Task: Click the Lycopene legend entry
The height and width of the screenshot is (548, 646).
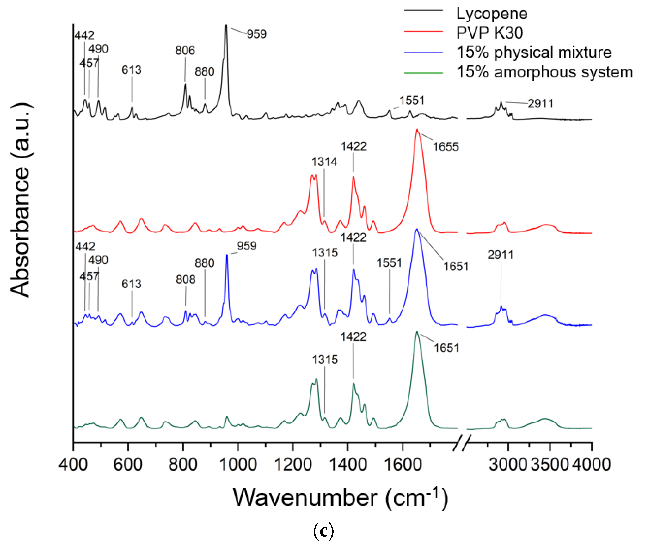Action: [492, 14]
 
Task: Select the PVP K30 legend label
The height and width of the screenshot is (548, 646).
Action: [490, 33]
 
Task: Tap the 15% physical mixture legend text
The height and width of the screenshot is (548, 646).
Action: [534, 52]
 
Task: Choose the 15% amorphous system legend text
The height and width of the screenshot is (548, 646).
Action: [545, 72]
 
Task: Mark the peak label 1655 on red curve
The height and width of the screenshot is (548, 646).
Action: [445, 147]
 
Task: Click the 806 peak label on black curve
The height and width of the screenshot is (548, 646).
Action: [185, 50]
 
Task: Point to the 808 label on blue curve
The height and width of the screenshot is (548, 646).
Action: [186, 279]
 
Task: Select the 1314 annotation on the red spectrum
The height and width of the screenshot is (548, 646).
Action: [324, 162]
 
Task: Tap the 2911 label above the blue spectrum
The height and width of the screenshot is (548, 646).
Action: [500, 255]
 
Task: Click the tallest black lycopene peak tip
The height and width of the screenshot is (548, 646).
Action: [226, 26]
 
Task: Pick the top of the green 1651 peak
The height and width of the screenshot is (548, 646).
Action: [417, 332]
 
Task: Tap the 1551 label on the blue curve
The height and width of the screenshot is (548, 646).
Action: [389, 263]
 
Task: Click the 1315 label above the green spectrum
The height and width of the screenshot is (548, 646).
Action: [325, 360]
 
